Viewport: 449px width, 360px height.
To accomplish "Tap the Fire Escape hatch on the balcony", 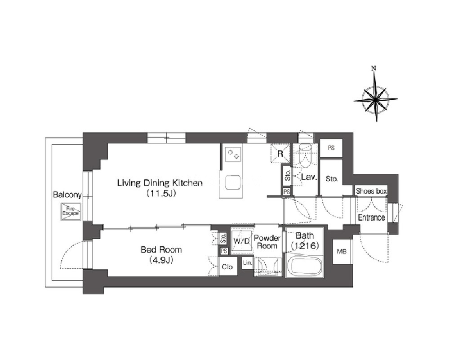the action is [x=71, y=212].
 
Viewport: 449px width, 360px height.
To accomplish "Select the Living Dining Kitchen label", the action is [x=160, y=183].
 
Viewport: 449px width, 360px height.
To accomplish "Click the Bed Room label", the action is [x=161, y=250].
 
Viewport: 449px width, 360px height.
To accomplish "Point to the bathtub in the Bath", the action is [x=304, y=266].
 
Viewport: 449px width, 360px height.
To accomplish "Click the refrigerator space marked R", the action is [x=280, y=153].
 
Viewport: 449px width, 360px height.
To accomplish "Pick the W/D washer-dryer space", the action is [x=242, y=240].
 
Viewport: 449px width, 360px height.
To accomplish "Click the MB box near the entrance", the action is [x=342, y=251].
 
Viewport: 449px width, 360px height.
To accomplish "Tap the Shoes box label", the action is [x=371, y=191].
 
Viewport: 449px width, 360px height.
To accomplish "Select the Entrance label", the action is [x=371, y=218].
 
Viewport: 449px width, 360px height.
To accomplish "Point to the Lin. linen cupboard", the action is [x=247, y=263].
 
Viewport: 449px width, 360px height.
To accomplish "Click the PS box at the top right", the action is [x=331, y=148].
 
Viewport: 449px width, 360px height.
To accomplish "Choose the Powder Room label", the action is [x=267, y=242].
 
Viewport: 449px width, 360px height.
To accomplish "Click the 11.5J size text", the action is [x=161, y=194].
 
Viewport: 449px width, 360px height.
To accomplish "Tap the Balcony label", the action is [x=67, y=195].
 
